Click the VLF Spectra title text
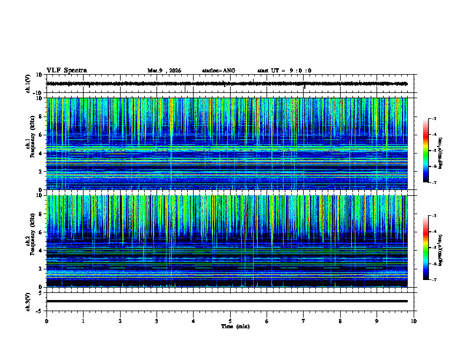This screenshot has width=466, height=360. tap(66, 70)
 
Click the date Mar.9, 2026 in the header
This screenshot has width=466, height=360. tap(164, 71)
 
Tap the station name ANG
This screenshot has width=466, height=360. tap(218, 71)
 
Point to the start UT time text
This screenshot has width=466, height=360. tap(284, 71)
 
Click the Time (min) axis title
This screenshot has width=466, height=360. tap(235, 326)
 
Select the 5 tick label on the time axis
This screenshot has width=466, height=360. tap(230, 321)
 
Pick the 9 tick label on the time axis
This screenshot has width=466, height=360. tap(377, 321)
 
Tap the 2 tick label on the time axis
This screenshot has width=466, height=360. tap(120, 321)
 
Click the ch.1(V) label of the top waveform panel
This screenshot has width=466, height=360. tap(28, 84)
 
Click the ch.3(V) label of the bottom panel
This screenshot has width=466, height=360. tap(28, 301)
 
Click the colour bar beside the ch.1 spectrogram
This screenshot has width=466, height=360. tap(426, 151)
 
